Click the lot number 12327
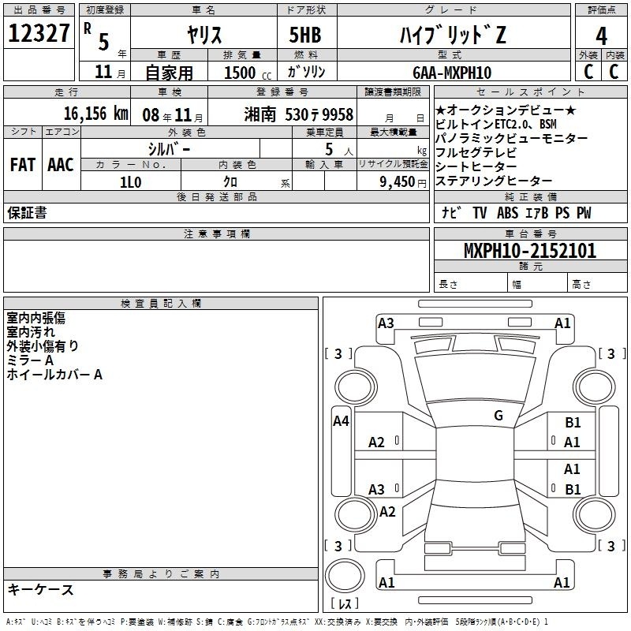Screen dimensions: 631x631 point(39,33)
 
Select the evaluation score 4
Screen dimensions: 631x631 point(601,36)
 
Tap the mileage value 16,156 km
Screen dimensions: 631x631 point(96,114)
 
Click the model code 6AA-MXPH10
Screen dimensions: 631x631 point(452,73)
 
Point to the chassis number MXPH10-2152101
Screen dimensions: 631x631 point(530,251)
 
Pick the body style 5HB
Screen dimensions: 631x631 point(305,35)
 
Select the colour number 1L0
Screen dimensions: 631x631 point(131,182)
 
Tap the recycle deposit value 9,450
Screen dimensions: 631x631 point(398,182)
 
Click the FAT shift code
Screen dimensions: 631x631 point(23,165)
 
